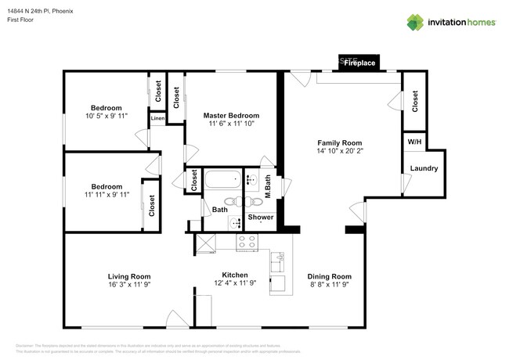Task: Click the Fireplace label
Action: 360,63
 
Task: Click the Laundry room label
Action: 424,168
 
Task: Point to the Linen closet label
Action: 157,119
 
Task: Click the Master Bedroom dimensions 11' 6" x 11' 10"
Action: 233,124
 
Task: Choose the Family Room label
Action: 339,142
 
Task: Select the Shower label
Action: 260,217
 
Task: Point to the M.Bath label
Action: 266,188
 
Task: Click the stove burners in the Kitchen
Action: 248,241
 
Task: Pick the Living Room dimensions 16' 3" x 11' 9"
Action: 128,286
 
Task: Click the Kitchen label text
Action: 234,275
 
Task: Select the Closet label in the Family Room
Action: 414,100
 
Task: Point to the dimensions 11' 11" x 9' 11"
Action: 106,196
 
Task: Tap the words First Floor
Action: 22,21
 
